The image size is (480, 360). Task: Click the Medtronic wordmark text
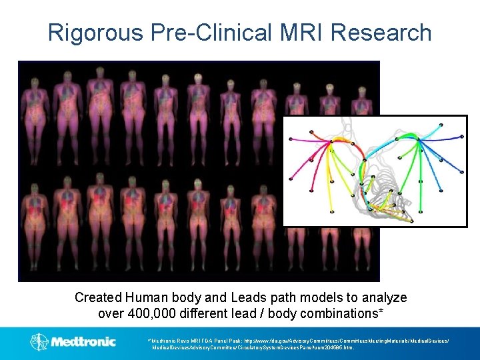tap(83, 341)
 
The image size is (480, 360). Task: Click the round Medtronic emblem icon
tap(39, 342)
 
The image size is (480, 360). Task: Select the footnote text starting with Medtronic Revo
tap(300, 343)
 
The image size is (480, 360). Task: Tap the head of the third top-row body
tap(101, 72)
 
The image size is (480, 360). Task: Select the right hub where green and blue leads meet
tap(417, 139)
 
